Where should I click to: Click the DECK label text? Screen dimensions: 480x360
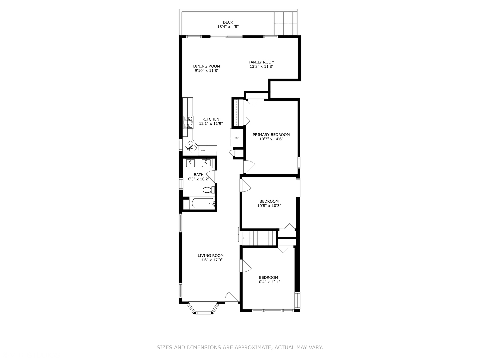tap(228, 22)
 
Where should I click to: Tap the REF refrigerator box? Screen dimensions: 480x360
tap(237, 138)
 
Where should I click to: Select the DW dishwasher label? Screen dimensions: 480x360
tap(203, 150)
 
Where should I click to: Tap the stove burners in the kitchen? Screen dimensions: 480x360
tap(189, 122)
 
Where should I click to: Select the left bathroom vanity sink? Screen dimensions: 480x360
tap(190, 163)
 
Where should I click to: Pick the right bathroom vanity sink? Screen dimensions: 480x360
tap(206, 163)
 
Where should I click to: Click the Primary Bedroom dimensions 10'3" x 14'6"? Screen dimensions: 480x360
tap(271, 139)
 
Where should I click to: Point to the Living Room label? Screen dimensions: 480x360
tap(211, 256)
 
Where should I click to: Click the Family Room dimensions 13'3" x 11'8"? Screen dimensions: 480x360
tap(262, 67)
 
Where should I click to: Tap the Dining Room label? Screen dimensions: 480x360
tap(206, 66)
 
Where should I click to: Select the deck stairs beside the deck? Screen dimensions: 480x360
tap(286, 23)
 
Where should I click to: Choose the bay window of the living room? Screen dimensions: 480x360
tap(203, 308)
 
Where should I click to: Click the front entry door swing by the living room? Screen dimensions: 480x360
tap(232, 298)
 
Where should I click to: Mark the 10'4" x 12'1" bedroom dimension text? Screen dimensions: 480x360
tap(269, 282)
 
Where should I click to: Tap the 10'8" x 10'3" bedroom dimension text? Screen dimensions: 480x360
tap(269, 206)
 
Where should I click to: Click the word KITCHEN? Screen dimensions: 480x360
tap(211, 119)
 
